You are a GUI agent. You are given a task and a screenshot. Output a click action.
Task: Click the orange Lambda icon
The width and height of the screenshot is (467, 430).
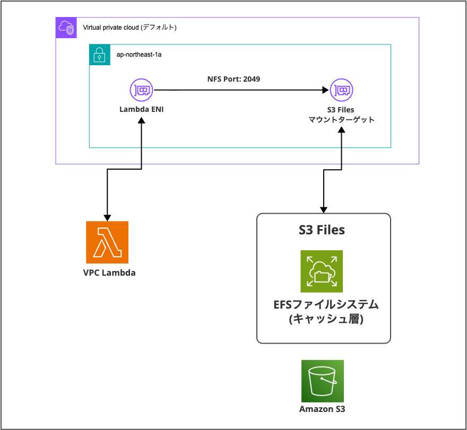click(107, 242)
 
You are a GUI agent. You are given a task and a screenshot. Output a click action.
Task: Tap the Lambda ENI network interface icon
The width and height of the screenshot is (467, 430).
click(141, 91)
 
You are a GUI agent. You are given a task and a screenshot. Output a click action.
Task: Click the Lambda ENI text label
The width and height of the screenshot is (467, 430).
click(141, 110)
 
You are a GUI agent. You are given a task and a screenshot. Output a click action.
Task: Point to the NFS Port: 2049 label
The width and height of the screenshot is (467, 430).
click(233, 79)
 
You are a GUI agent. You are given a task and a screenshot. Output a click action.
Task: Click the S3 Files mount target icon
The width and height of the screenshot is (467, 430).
click(341, 91)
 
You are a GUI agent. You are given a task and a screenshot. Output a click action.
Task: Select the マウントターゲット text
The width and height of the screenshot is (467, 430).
click(341, 120)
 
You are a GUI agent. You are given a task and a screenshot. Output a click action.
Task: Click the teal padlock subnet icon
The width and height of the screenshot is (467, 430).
click(99, 55)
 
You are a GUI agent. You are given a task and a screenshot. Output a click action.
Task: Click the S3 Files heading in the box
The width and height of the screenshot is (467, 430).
click(322, 230)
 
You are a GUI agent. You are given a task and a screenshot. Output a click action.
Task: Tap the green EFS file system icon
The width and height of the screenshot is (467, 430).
click(322, 271)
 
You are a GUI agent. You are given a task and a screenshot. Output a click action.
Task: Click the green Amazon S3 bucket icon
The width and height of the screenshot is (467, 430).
click(322, 381)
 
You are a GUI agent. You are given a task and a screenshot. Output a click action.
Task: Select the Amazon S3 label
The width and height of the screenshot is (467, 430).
click(322, 409)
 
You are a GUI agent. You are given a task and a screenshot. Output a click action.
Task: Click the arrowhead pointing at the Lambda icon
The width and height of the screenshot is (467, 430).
click(107, 217)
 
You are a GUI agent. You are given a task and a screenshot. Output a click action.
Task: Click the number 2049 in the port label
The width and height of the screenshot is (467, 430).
click(252, 79)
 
